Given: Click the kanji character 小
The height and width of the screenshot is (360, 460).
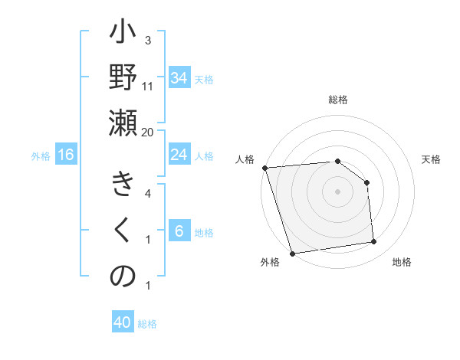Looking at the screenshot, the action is [x=123, y=34].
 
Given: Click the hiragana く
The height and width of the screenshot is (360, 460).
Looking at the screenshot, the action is [x=123, y=231].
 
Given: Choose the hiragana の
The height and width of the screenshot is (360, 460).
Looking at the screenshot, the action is [x=123, y=277].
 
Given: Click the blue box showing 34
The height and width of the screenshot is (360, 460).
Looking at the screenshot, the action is [x=179, y=78].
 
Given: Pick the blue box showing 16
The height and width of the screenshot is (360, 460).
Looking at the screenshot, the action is [x=66, y=155].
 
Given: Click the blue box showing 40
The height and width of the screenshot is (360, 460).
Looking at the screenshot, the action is [x=123, y=322].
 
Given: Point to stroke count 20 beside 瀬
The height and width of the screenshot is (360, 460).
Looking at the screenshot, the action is [x=148, y=132].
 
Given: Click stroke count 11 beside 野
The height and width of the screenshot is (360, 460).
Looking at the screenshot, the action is [x=148, y=86].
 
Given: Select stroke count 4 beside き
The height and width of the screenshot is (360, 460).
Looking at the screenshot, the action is [x=148, y=193].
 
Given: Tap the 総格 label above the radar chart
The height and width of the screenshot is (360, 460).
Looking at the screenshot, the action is [x=337, y=100].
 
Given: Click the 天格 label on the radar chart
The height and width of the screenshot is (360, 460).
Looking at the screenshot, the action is [x=432, y=159].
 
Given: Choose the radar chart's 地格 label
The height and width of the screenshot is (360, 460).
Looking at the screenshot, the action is [x=402, y=262].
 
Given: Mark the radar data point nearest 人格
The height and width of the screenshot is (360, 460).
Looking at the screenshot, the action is [x=264, y=168].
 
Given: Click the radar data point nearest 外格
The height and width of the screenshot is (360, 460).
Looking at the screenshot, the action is [x=292, y=253].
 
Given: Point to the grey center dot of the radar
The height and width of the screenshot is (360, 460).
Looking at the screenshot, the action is [x=337, y=191].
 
